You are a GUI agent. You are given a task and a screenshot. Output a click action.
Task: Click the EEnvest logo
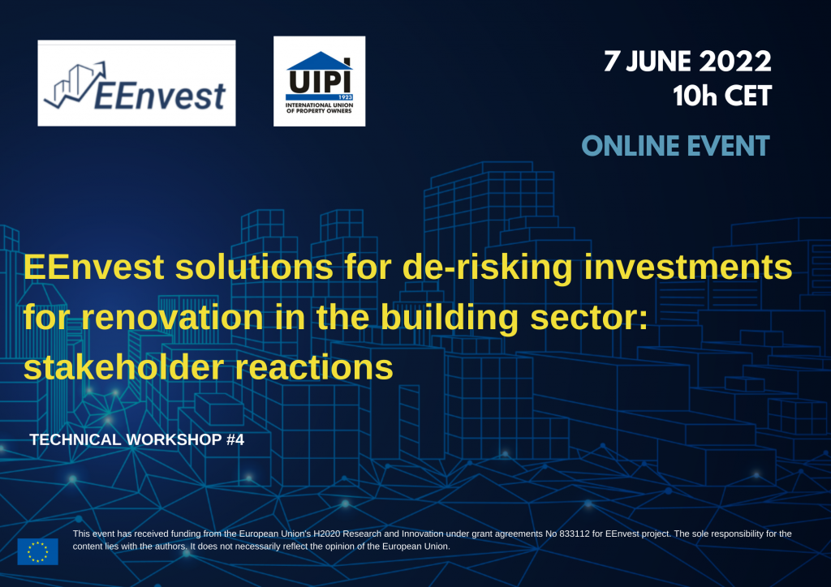click(136, 83)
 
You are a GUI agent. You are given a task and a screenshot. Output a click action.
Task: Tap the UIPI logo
click(319, 81)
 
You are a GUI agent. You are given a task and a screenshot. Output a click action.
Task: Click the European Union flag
click(37, 551)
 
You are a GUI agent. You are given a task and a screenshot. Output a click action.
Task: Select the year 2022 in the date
click(735, 62)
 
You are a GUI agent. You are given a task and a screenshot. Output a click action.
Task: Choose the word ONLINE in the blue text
click(624, 146)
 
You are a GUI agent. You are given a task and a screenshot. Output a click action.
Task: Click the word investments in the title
click(688, 267)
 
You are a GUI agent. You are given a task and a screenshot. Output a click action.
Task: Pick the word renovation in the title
click(172, 317)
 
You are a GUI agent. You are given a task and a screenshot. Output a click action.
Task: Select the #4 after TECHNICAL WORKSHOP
click(235, 440)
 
